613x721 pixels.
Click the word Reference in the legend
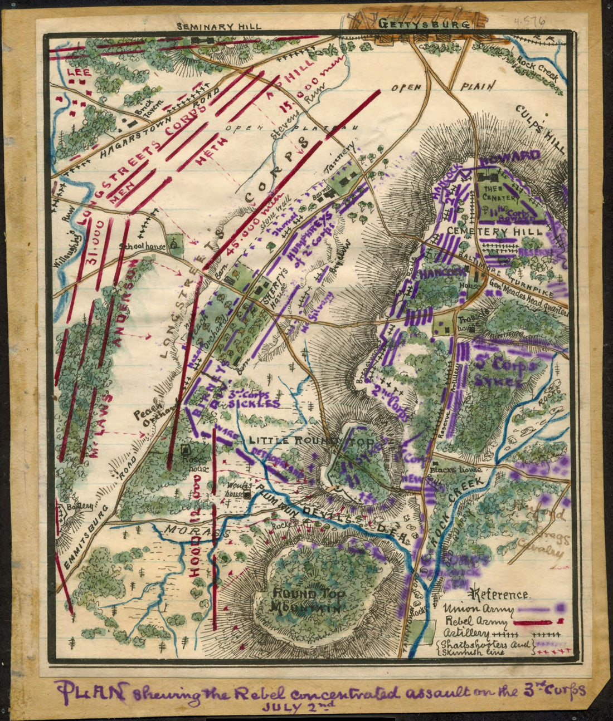500,595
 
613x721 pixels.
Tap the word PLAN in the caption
92,693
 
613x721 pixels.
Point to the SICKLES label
254,404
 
